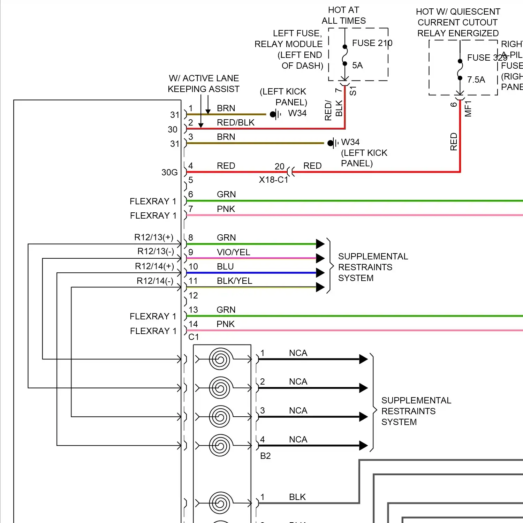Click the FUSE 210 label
pos(372,43)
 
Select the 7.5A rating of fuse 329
pos(476,80)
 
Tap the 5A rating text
pos(357,66)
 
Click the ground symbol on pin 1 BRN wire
pos(275,114)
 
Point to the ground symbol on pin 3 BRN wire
pos(333,143)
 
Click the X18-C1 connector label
pos(273,180)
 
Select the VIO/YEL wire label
pos(233,252)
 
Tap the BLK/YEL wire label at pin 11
pos(234,281)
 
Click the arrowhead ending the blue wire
pos(320,273)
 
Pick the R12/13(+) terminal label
pos(154,237)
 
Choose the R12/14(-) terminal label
pos(155,281)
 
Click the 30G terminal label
pos(169,172)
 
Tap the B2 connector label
pos(265,456)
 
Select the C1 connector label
pos(194,337)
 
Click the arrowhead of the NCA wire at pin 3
pos(363,417)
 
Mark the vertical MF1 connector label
pos(468,108)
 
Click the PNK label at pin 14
pos(226,324)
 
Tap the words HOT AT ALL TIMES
pos(343,15)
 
